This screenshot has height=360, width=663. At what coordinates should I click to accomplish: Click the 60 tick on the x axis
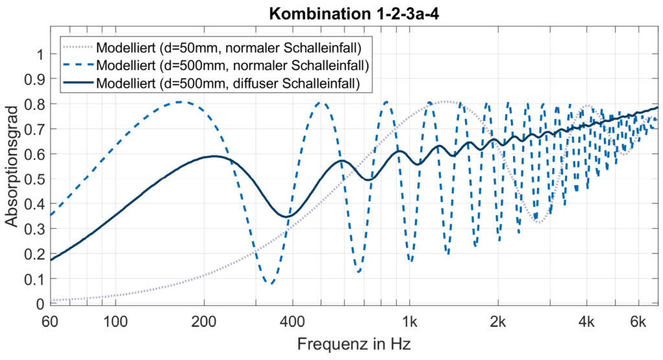(50, 319)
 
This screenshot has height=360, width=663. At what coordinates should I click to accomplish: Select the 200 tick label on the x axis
(204, 319)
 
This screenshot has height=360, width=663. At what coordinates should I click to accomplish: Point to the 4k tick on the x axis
(587, 319)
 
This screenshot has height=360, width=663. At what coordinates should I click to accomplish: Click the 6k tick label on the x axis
(638, 319)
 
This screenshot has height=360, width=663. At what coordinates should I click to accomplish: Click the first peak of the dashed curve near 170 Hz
(179, 102)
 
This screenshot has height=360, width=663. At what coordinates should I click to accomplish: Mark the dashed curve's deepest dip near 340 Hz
(271, 284)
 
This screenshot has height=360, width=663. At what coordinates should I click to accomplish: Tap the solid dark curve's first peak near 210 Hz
(213, 156)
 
